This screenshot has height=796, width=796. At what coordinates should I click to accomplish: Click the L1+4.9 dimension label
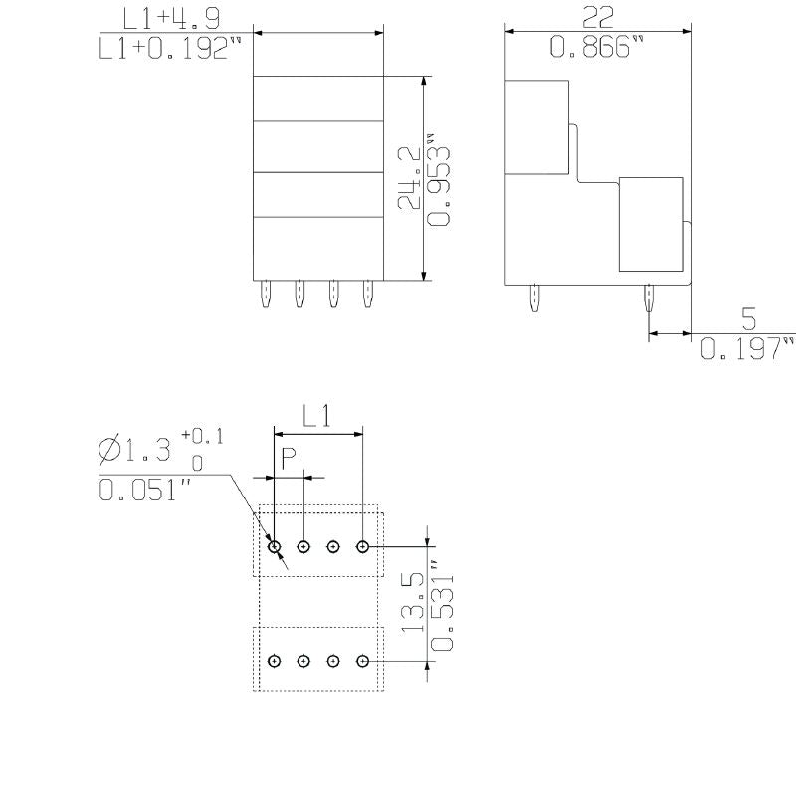click(x=171, y=18)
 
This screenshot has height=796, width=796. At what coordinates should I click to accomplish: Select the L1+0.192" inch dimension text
click(x=171, y=50)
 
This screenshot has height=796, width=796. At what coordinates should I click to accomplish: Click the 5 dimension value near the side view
click(x=748, y=319)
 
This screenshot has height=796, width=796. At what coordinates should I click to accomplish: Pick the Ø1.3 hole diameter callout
click(x=134, y=451)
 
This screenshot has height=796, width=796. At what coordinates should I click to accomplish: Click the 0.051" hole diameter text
click(x=141, y=491)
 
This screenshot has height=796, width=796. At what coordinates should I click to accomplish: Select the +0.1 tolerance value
click(x=202, y=436)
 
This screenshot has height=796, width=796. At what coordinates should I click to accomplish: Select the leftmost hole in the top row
click(x=275, y=546)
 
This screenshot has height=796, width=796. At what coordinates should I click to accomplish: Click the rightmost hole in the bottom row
click(x=363, y=661)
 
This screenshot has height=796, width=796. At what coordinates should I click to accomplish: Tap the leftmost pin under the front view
click(x=266, y=294)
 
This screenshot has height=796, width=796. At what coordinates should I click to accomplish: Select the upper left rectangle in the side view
click(x=537, y=127)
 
